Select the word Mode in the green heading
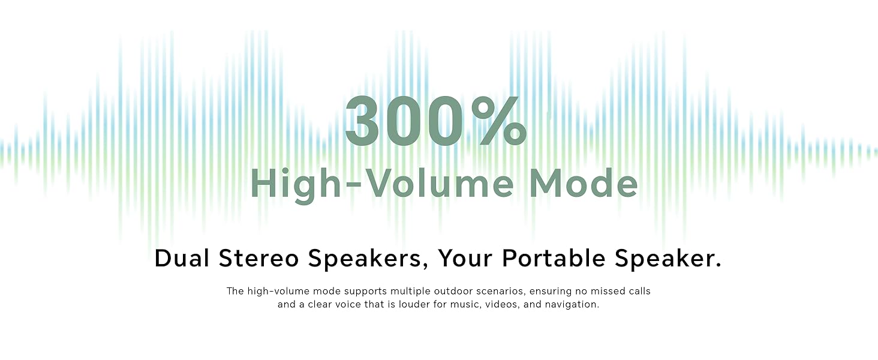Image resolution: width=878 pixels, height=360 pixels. [x=584, y=184]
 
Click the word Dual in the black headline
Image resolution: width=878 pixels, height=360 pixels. [x=182, y=258]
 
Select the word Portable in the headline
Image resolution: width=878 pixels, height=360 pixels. [x=554, y=258]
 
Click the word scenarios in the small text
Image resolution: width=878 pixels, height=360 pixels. [x=503, y=291]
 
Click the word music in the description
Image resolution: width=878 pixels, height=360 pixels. [x=466, y=304]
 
